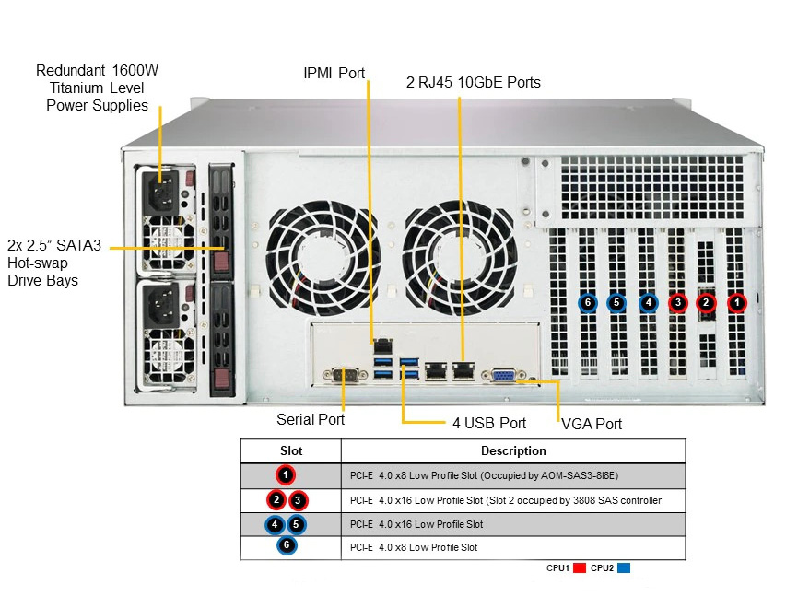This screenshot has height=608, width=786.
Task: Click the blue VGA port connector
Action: coord(504,375)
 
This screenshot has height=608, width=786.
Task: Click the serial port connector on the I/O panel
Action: coord(345,375)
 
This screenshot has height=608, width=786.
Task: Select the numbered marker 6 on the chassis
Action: coord(588,303)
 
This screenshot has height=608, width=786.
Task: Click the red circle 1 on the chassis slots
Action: coord(736,302)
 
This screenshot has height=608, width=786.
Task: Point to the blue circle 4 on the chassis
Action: coord(648,303)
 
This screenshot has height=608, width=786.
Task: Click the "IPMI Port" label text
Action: coord(334,73)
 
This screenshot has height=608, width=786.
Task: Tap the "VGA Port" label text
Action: coord(592,424)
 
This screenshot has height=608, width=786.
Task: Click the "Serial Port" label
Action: coord(311,419)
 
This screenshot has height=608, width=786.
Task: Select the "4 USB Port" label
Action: coord(489,423)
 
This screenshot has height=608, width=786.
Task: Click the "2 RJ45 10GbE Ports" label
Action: coord(474,82)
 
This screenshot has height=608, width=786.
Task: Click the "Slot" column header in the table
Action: coord(291,450)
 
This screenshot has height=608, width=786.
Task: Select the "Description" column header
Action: coord(513,450)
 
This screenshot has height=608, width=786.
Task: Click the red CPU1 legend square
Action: coord(580,567)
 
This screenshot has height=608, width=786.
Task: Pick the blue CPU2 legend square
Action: coord(624,567)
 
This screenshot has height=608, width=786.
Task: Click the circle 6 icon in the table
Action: coord(287,545)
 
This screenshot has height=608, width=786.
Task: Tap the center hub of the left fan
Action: coord(323,259)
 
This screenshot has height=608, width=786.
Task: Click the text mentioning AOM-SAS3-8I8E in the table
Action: coord(485,475)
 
